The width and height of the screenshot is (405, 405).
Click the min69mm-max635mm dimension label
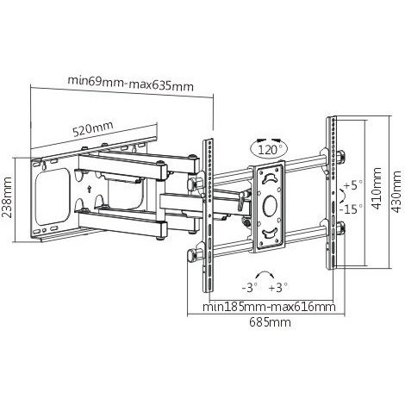(131, 83)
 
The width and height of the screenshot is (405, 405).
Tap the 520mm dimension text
(92, 128)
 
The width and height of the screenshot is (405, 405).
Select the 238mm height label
(7, 197)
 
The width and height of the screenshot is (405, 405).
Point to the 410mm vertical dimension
(377, 188)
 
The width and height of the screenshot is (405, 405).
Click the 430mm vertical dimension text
(396, 191)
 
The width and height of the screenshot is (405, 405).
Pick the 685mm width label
(270, 322)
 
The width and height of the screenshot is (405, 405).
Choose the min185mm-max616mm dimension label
(269, 307)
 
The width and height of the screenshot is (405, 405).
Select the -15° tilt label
(351, 209)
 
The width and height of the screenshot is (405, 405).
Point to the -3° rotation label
(250, 287)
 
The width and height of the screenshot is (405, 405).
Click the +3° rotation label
(278, 287)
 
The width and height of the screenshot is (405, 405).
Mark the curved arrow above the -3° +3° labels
(265, 271)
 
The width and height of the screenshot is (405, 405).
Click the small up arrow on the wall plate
(90, 189)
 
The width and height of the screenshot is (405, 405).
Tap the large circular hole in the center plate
(270, 206)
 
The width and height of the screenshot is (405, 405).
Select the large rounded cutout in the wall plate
(53, 197)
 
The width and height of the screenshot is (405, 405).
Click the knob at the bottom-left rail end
(191, 255)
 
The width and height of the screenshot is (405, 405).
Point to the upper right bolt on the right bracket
(342, 157)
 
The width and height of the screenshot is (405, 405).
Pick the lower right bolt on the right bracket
(342, 228)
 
